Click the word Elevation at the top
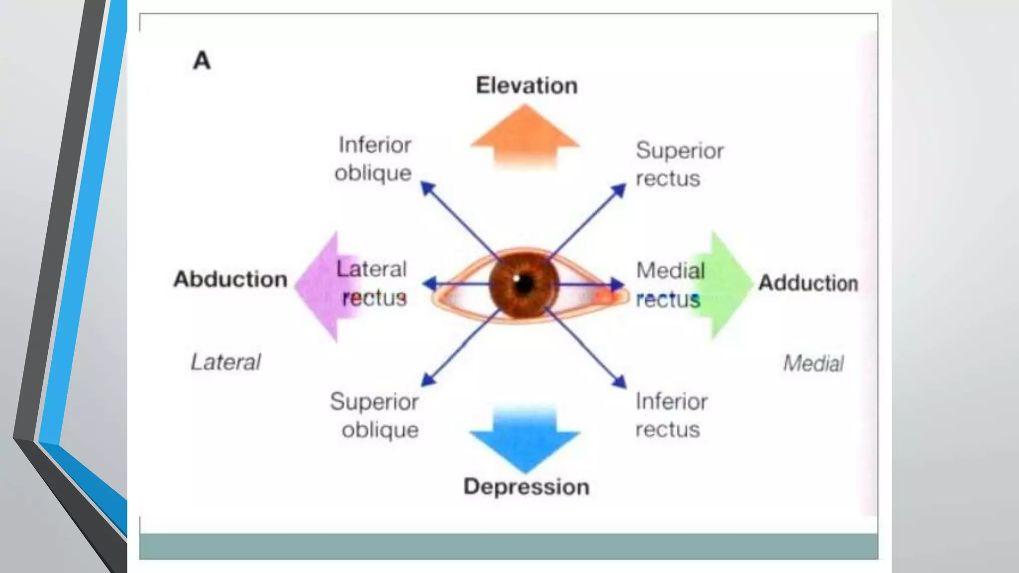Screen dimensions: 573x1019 [x=526, y=86]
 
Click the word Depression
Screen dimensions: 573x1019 [x=526, y=486]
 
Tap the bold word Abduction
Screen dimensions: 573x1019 [x=230, y=279]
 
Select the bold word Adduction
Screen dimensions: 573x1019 [x=808, y=283]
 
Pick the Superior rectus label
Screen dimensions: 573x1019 [x=679, y=164]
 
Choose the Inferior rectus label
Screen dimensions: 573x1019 [x=671, y=415]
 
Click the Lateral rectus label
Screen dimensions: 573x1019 [x=372, y=284]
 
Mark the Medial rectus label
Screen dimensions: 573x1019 [x=670, y=285]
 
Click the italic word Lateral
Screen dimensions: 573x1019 [x=226, y=362]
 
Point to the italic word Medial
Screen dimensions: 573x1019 [x=813, y=363]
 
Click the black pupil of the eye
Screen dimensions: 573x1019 [x=524, y=284]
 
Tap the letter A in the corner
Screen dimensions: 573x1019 [x=202, y=61]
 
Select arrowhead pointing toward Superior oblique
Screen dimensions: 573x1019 [x=427, y=380]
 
